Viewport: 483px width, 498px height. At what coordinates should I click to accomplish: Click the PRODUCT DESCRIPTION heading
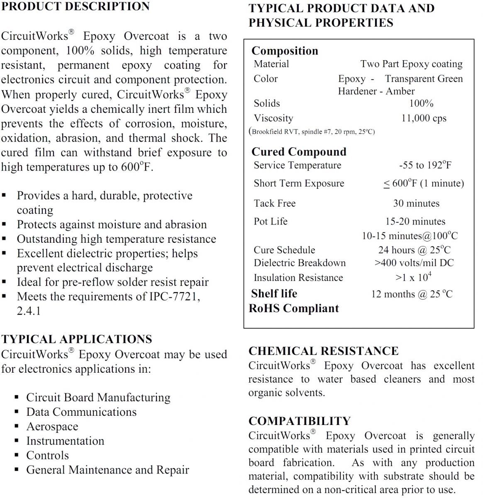(x=75, y=7)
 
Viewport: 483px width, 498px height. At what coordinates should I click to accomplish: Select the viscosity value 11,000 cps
(x=423, y=118)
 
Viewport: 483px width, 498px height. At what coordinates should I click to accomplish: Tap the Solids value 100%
(x=421, y=103)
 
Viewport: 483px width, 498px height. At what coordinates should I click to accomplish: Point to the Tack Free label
(x=275, y=203)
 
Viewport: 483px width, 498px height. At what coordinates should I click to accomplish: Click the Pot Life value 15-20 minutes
(x=415, y=221)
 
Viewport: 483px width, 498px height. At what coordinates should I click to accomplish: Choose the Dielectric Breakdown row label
(x=300, y=263)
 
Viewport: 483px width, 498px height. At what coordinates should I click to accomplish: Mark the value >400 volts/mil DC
(x=414, y=263)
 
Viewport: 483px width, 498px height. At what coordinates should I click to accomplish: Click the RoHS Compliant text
(x=294, y=308)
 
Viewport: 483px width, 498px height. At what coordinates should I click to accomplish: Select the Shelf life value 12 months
(x=412, y=294)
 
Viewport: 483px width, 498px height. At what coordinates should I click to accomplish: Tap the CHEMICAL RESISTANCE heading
(x=323, y=351)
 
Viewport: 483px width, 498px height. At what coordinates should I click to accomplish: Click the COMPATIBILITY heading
(x=299, y=421)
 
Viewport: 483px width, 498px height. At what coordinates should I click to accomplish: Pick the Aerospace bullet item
(x=52, y=427)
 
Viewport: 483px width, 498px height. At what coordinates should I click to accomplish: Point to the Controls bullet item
(x=47, y=455)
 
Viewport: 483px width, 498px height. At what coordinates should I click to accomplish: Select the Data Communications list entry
(x=81, y=412)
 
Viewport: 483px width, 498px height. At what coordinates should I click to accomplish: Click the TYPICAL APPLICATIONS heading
(x=76, y=339)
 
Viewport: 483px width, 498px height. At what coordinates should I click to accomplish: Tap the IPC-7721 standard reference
(x=174, y=297)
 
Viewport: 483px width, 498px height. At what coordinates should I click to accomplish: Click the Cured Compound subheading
(x=299, y=152)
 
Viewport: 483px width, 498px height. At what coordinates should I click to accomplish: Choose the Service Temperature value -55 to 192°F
(x=425, y=165)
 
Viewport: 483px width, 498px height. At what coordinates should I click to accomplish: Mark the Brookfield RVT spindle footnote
(x=312, y=132)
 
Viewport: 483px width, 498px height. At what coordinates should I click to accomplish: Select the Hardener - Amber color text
(x=376, y=91)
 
